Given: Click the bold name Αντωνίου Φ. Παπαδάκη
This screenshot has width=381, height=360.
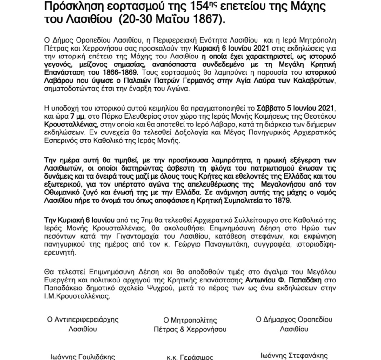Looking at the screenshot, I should pos(284,280).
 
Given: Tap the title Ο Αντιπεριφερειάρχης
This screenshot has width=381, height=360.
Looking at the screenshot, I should pos(83,320).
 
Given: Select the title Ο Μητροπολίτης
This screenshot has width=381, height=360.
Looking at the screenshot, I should pos(190,320).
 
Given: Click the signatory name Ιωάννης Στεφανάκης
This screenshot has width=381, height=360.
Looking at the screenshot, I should pos(294,356).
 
